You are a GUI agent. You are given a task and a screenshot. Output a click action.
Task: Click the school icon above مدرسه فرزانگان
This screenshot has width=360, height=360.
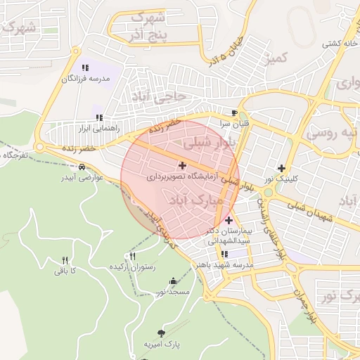point(85,67)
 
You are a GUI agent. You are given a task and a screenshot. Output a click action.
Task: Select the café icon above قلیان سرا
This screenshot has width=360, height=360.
point(234,112)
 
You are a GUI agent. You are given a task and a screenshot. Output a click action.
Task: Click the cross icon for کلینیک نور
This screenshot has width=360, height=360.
point(282,168)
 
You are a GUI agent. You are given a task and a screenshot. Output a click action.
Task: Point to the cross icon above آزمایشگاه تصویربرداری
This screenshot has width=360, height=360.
point(183,166)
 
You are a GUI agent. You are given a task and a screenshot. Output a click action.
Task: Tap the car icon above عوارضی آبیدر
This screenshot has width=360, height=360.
point(82,167)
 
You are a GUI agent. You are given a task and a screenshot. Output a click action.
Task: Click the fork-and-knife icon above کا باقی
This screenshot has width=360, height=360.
point(65,259)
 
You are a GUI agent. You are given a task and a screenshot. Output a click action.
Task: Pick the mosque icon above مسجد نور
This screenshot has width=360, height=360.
point(173,281)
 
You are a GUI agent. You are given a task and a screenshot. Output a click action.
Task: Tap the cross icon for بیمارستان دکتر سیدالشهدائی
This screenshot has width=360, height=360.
point(228,221)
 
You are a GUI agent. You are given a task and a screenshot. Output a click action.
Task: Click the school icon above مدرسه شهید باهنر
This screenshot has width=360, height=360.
point(224,254)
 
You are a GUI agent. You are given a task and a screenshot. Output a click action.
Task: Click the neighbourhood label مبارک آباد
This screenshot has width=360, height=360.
point(196,200)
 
